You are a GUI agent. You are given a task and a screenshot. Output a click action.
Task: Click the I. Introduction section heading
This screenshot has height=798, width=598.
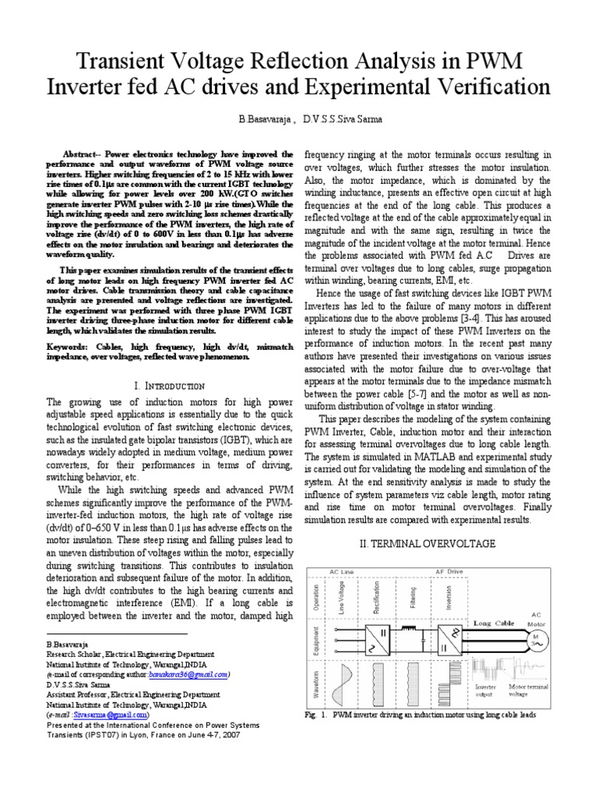point(169,386)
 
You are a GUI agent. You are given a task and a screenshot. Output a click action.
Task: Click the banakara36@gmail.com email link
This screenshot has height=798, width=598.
point(186,674)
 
